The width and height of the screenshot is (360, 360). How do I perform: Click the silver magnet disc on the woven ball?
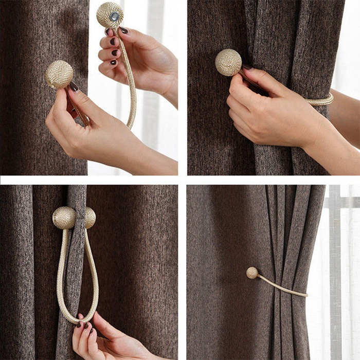point(114,16)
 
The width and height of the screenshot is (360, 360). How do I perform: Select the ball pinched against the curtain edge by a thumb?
point(59,75)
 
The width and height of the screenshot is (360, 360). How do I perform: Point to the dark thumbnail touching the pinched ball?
point(74,87)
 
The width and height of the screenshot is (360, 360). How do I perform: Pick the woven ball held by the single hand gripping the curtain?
point(228,62)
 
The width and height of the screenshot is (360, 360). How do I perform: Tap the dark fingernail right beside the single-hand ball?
point(247,67)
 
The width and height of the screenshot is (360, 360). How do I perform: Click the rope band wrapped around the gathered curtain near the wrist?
point(319,100)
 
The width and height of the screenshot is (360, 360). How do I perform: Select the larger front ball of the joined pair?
point(64,218)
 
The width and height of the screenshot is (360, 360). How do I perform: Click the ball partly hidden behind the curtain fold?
point(90,218)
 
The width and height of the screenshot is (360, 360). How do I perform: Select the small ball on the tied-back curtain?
point(252,273)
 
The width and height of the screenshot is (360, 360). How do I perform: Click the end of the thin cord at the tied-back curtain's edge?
point(306,295)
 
